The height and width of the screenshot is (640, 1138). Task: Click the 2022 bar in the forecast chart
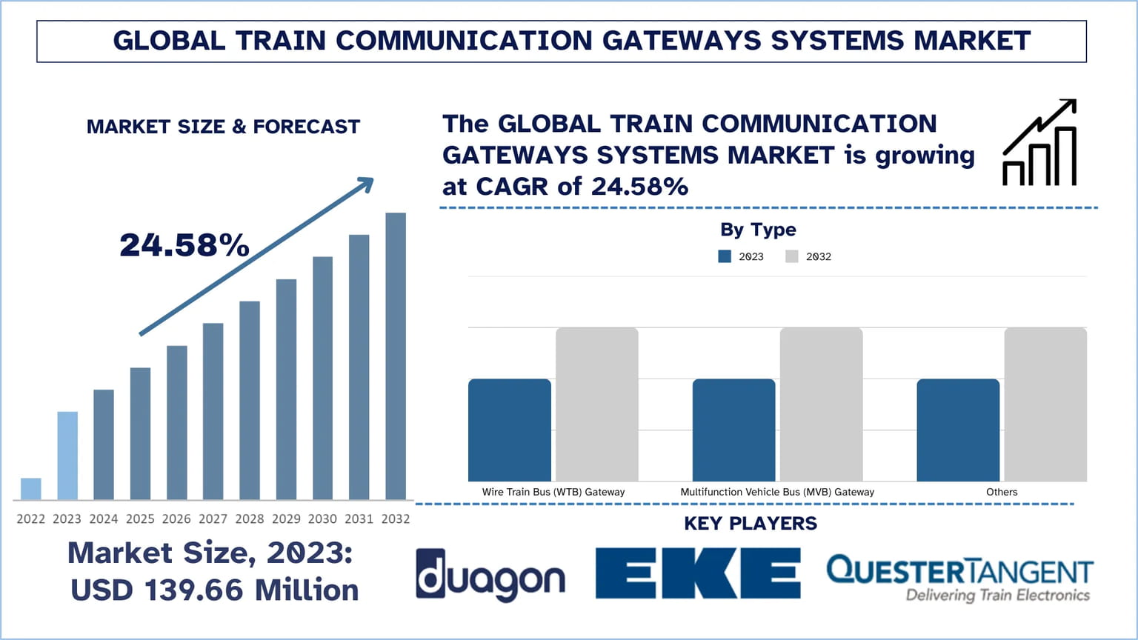31,489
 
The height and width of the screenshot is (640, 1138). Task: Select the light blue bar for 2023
67,456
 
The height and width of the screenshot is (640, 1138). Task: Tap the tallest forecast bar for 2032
396,356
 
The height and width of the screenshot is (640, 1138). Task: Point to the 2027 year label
213,519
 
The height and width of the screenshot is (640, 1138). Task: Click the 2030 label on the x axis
322,519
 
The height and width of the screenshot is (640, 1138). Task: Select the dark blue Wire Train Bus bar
510,430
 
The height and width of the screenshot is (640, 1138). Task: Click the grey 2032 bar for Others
1045,404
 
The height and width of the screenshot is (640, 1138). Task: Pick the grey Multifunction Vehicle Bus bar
821,404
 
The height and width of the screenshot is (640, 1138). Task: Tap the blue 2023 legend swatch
725,256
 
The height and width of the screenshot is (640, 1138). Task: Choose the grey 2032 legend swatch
792,256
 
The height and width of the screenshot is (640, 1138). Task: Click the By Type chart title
758,230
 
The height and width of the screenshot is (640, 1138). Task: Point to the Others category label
1002,492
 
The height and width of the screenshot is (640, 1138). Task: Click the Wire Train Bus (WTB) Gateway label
553,492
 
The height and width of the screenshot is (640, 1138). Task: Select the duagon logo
490,575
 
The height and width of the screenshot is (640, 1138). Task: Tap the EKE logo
698,573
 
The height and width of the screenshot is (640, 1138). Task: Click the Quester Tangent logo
959,578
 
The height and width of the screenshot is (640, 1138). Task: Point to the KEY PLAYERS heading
751,524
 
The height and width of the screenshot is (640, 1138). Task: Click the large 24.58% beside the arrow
184,245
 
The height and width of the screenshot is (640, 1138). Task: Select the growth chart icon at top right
1039,142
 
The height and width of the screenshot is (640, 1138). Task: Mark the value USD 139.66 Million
215,590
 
